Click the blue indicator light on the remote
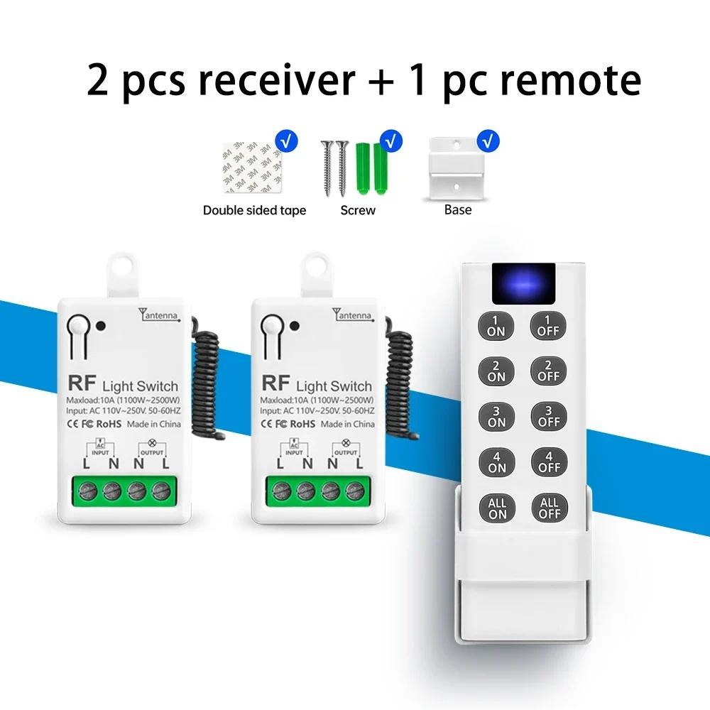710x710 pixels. tap(523, 280)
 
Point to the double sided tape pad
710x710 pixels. tap(251, 168)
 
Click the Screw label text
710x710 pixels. tap(358, 210)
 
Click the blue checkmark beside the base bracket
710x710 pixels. tap(488, 140)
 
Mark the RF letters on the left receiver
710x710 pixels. tap(80, 383)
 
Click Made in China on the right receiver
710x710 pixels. tap(347, 424)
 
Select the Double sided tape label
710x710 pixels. tap(254, 210)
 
